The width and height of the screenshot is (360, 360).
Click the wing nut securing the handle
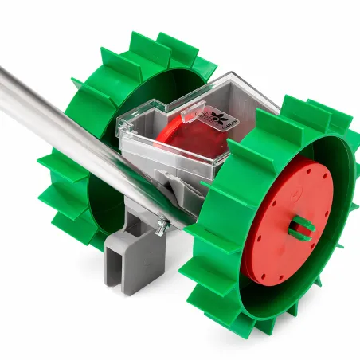click(162, 227)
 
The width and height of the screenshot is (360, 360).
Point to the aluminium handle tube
click(64, 127)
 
